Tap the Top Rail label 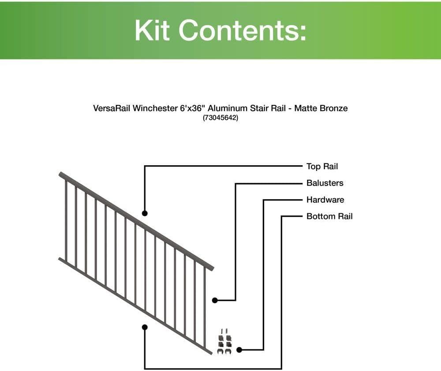pos(322,166)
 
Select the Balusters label pos(325,183)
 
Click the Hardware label pos(325,200)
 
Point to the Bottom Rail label pos(329,216)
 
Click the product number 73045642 pos(220,118)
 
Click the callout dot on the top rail pos(145,213)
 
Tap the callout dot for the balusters pos(215,301)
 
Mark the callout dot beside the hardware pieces pos(239,350)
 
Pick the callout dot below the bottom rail pos(145,327)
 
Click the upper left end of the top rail pos(61,174)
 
